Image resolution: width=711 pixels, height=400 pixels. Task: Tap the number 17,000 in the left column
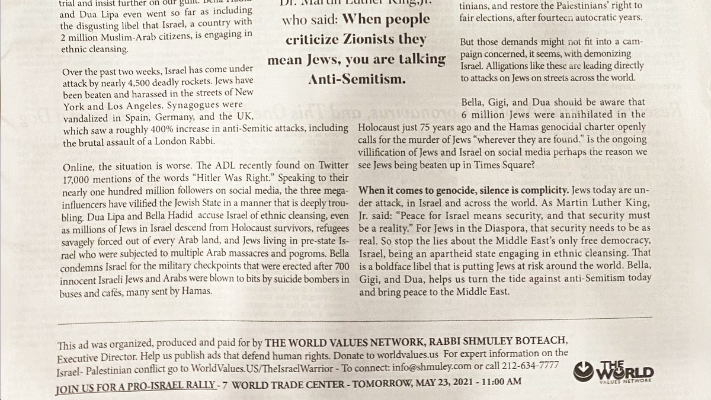tap(78, 178)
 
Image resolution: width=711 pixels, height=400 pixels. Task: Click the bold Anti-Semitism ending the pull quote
tap(357, 79)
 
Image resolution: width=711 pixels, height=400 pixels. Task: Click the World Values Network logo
tap(614, 373)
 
